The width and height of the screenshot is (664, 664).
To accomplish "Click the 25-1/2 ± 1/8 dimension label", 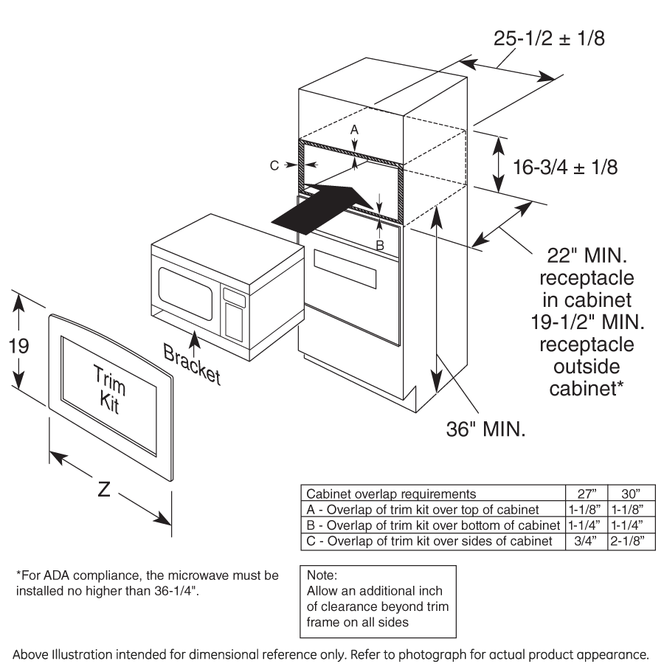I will (549, 38).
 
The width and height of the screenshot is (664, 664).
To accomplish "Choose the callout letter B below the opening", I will (381, 244).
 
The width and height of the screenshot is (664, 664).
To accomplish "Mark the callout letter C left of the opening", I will (274, 166).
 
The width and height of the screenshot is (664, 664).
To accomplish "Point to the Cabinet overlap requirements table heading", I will (391, 494).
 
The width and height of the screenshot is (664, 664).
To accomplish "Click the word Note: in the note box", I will (322, 574).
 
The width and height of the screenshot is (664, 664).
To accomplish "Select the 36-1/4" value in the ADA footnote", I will (176, 590).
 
